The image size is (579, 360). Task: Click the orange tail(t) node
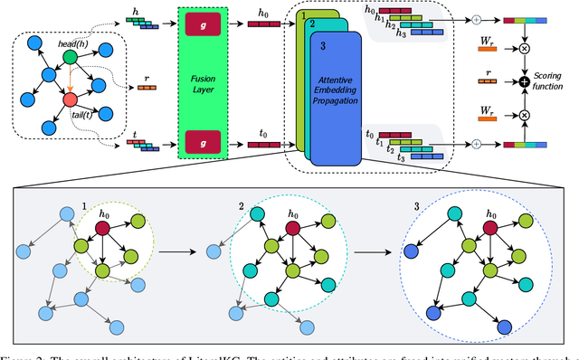click(69, 95)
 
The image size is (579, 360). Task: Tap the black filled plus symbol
click(523, 83)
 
